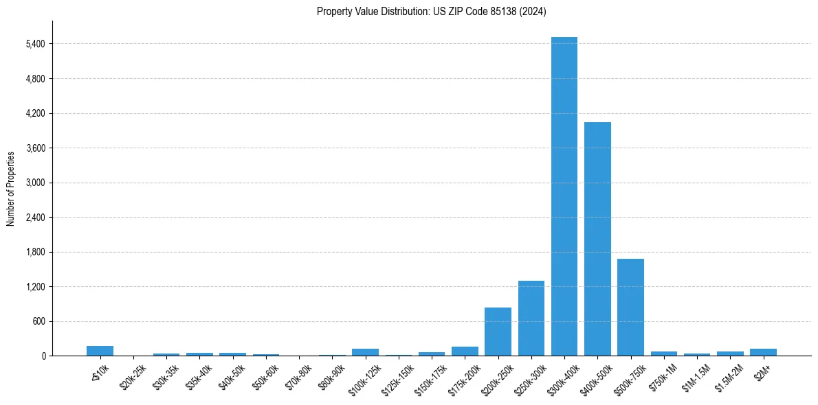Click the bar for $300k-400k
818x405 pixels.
(x=564, y=196)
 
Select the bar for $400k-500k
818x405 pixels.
(x=597, y=239)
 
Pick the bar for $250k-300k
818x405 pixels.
(x=531, y=319)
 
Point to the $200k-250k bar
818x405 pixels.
(x=498, y=332)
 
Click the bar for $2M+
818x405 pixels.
(x=763, y=352)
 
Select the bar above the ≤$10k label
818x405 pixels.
(x=100, y=351)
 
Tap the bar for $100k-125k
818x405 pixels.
(x=365, y=352)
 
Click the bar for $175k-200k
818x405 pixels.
(x=465, y=351)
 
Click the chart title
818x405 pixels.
(x=432, y=12)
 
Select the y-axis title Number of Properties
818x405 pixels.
(x=11, y=188)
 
